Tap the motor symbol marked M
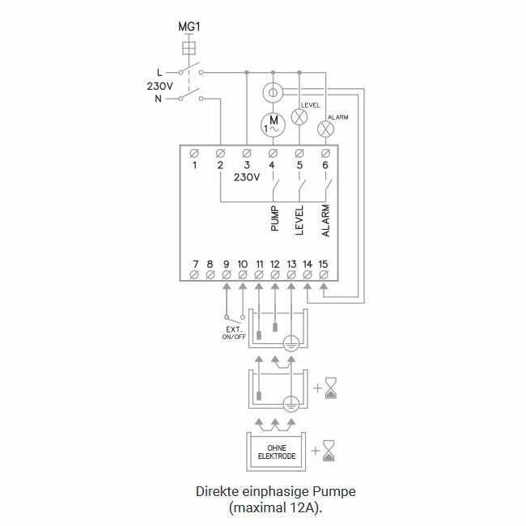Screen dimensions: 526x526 [x=273, y=125]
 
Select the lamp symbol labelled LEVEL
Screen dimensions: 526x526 [x=299, y=117]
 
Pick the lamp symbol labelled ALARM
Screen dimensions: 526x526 [x=325, y=129]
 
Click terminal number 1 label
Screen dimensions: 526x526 [x=194, y=165]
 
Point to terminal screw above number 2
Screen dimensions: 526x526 [x=220, y=153]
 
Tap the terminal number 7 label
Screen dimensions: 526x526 [x=194, y=264]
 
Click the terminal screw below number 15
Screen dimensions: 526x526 [x=324, y=276]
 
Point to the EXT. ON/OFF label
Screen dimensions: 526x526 [x=235, y=333]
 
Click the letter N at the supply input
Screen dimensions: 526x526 [x=159, y=98]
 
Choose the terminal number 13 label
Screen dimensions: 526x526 [x=291, y=264]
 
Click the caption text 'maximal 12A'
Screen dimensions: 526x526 [x=265, y=507]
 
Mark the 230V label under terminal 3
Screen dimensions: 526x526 [x=245, y=178]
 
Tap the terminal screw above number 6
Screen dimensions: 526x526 [x=325, y=153]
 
